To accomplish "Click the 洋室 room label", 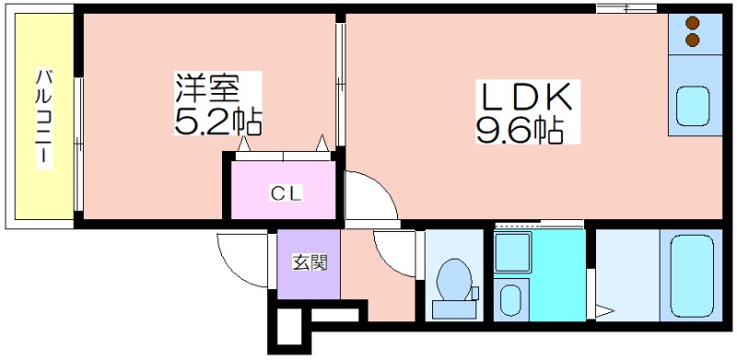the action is [x=208, y=87].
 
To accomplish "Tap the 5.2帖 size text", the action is [x=217, y=121].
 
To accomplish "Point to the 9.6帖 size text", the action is [x=520, y=129].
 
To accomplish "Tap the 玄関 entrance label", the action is [x=310, y=262].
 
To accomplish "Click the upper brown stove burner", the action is [x=693, y=23].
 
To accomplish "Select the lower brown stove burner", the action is [x=693, y=40].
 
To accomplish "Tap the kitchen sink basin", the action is [x=693, y=106].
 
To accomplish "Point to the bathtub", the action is [x=692, y=275].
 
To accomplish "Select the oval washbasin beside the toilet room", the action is [x=511, y=300].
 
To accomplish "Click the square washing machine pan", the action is [x=512, y=252].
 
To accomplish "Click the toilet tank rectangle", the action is [x=454, y=310].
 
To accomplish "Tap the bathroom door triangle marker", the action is [x=604, y=311].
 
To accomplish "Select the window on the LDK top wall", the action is [x=626, y=8].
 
